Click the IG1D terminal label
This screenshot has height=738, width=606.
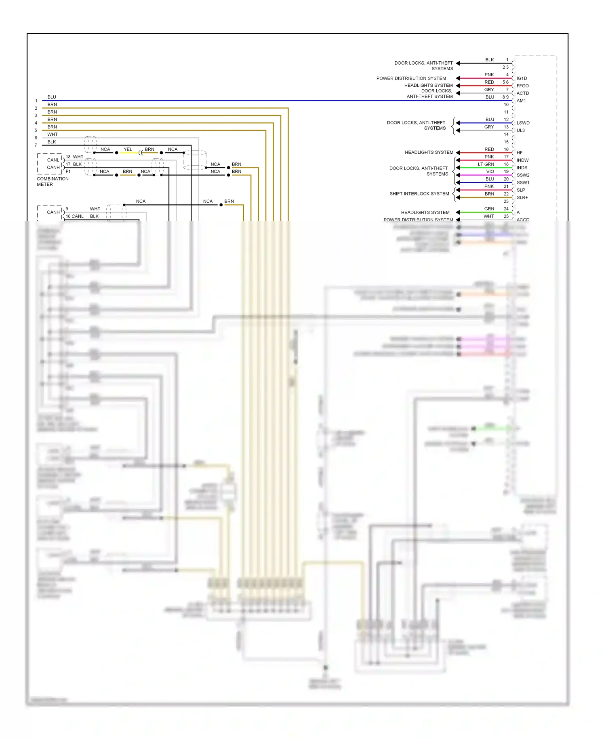click(522, 78)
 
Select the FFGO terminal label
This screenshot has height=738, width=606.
click(522, 86)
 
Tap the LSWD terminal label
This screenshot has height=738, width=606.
click(523, 123)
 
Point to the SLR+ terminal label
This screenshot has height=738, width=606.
click(522, 197)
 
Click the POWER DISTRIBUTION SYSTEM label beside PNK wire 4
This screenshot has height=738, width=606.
click(411, 78)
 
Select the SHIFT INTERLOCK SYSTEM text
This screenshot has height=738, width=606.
click(419, 194)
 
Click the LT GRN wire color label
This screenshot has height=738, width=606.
click(486, 164)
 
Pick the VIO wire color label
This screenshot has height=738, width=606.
click(490, 172)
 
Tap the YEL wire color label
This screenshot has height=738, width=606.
click(128, 149)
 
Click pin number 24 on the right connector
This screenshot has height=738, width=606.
click(506, 209)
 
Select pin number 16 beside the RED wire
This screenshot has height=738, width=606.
click(506, 149)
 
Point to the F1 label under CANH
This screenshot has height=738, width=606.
click(68, 172)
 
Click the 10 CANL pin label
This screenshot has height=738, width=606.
click(74, 216)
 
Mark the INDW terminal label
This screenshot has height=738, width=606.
click(522, 160)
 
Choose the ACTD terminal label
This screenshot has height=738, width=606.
click(522, 93)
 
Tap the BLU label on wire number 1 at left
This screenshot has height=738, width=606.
click(52, 97)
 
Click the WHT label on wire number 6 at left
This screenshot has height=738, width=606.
click(53, 134)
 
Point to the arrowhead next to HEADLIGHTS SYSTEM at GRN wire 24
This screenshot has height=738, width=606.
click(458, 212)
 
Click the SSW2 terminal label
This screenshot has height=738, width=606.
click(523, 175)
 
